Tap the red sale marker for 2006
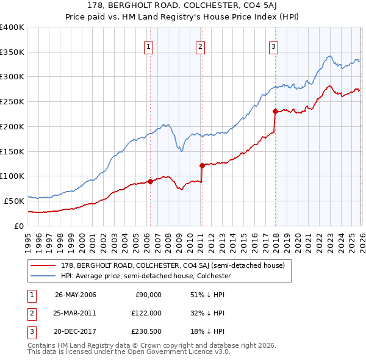(150, 181)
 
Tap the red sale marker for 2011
(201, 165)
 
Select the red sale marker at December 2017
(274, 111)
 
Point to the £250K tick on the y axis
(12, 102)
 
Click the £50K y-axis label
(14, 201)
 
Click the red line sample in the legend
(43, 266)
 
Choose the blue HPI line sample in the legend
(43, 276)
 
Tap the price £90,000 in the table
(148, 295)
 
